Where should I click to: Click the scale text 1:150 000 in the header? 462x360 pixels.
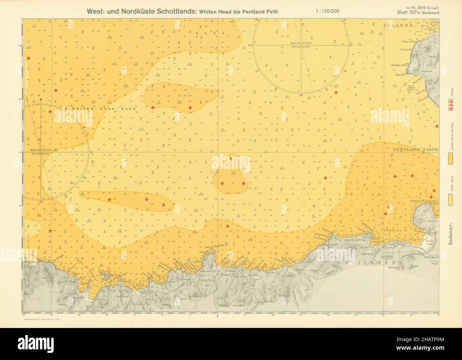(327, 11)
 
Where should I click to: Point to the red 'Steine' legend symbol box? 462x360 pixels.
(451, 106)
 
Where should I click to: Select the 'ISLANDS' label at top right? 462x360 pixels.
(399, 25)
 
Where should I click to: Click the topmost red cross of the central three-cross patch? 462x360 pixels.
(231, 158)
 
